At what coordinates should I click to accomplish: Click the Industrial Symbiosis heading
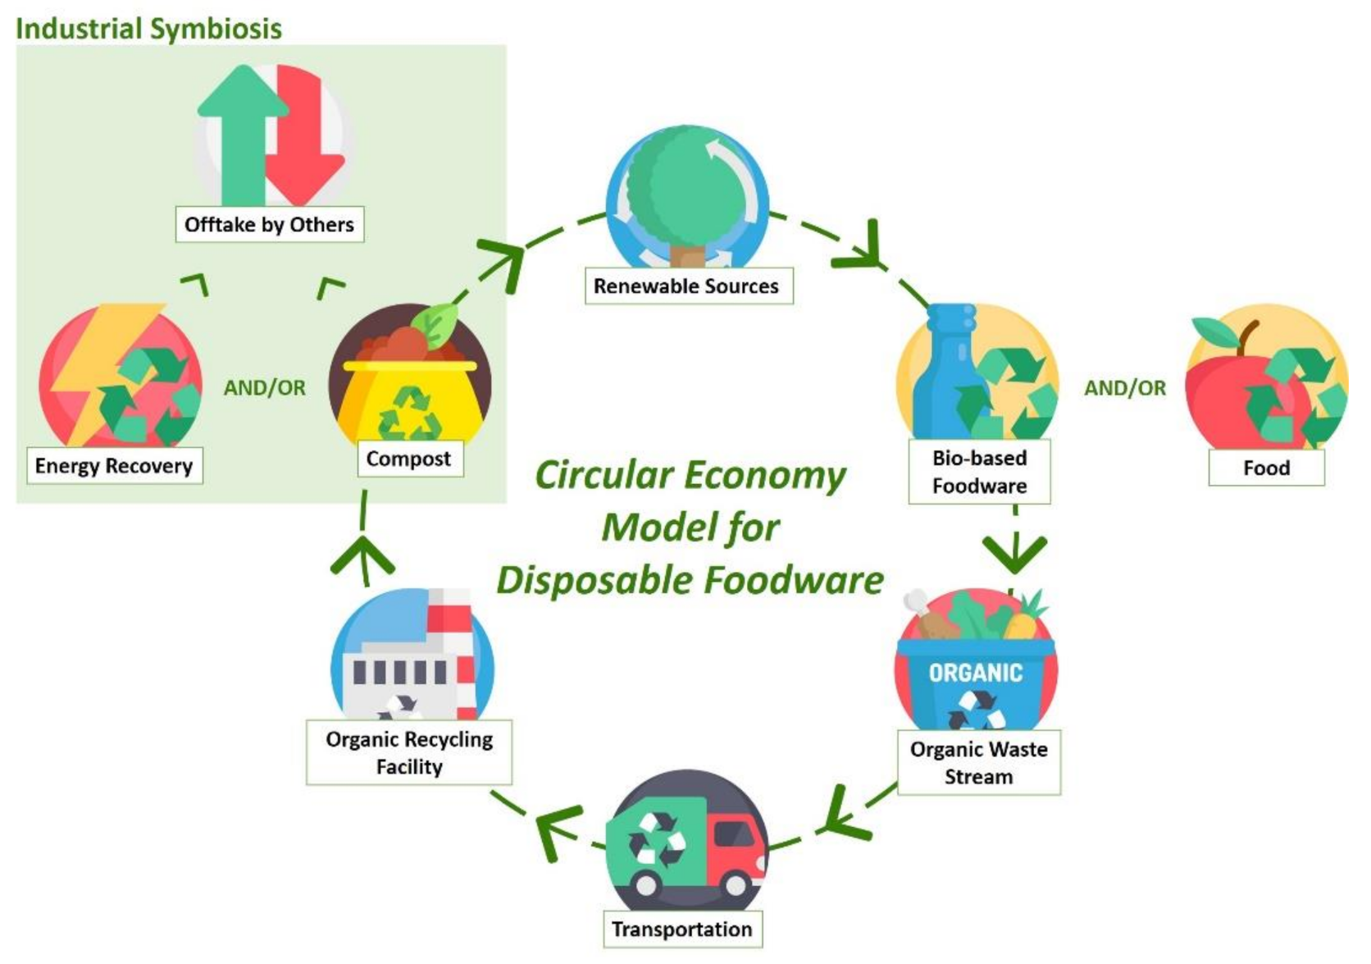148,29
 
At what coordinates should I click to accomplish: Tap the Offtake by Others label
269,224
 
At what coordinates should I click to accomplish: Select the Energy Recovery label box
114,465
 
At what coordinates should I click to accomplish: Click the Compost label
408,459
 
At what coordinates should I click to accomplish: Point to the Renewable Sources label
686,286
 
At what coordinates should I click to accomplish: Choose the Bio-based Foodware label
979,472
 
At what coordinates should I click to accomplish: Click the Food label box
1266,468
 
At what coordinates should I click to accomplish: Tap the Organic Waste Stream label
978,762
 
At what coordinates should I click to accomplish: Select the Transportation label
681,929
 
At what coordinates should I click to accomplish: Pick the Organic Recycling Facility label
409,752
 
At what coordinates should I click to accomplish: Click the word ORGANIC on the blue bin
975,673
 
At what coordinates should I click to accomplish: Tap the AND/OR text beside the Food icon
1125,388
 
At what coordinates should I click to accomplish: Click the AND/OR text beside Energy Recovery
264,387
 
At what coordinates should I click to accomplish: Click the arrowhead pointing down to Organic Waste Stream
1015,554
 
